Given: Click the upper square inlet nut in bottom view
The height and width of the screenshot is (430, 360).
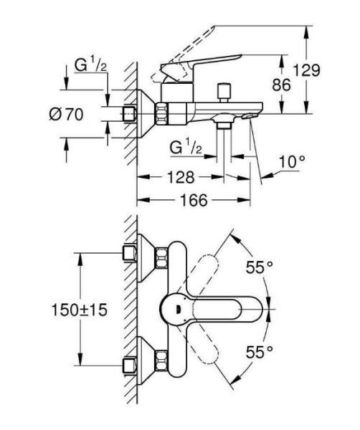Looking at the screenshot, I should pos(130,252).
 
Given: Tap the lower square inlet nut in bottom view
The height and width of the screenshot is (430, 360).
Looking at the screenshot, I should pos(130,365).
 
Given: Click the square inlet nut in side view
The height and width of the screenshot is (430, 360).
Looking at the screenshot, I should pos(130,113).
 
